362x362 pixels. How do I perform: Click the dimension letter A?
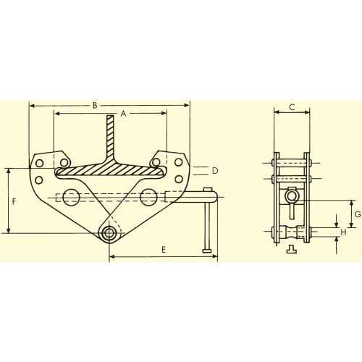click(x=123, y=114)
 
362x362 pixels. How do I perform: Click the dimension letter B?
click(x=95, y=105)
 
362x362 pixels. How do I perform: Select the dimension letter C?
click(x=292, y=107)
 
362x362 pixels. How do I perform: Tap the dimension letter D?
click(x=215, y=171)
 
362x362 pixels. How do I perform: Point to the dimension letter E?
click(x=164, y=250)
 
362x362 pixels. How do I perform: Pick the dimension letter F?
click(x=14, y=201)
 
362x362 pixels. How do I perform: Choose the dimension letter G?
click(x=358, y=214)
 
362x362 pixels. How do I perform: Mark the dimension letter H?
click(x=343, y=232)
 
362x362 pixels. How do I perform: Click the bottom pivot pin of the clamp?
click(x=109, y=233)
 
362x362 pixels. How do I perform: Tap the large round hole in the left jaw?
click(x=71, y=198)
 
